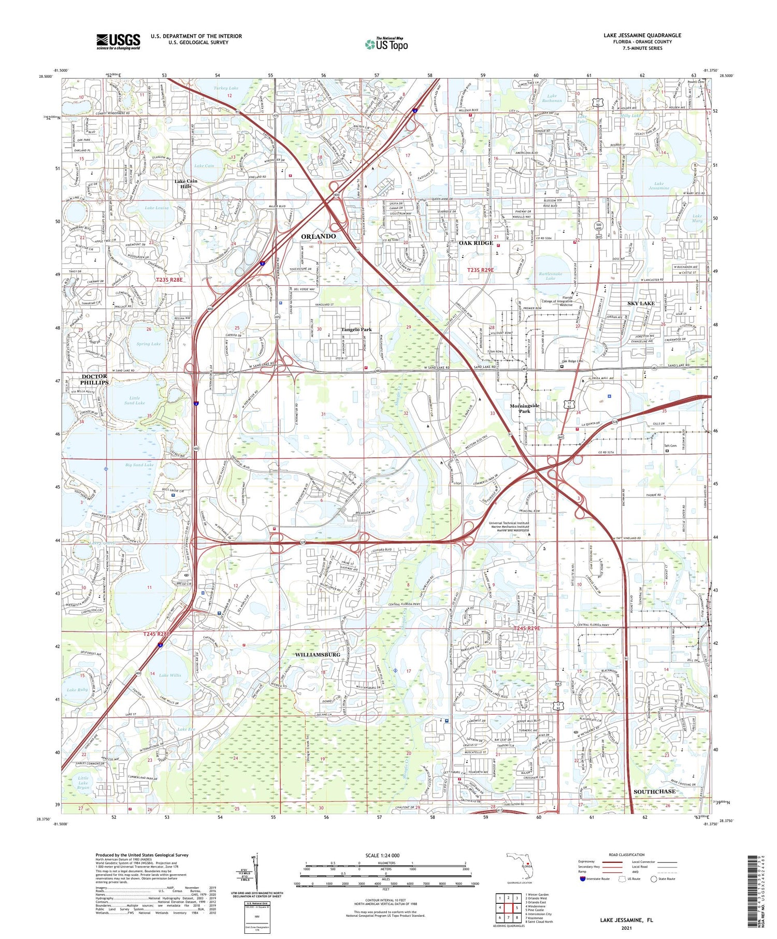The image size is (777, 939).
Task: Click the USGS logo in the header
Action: tap(118, 41)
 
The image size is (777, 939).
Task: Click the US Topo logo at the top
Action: tap(386, 44)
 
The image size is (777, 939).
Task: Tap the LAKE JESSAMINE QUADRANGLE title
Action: tap(642, 35)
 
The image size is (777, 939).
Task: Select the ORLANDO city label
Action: tap(319, 236)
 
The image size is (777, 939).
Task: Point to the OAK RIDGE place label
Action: tap(476, 243)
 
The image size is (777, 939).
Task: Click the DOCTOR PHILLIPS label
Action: tap(95, 379)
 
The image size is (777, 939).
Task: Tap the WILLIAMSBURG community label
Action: tap(318, 655)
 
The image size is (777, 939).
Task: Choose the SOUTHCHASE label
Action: tap(654, 791)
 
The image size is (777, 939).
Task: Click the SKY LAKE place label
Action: tap(641, 303)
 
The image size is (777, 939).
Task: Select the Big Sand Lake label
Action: tap(139, 465)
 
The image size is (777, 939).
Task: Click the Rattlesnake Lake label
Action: tap(550, 275)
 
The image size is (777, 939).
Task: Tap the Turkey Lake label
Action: tap(226, 89)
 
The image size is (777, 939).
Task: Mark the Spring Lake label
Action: tap(149, 343)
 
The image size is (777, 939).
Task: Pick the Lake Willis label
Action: tap(170, 675)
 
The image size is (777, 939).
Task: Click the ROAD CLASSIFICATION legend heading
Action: tap(627, 855)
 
